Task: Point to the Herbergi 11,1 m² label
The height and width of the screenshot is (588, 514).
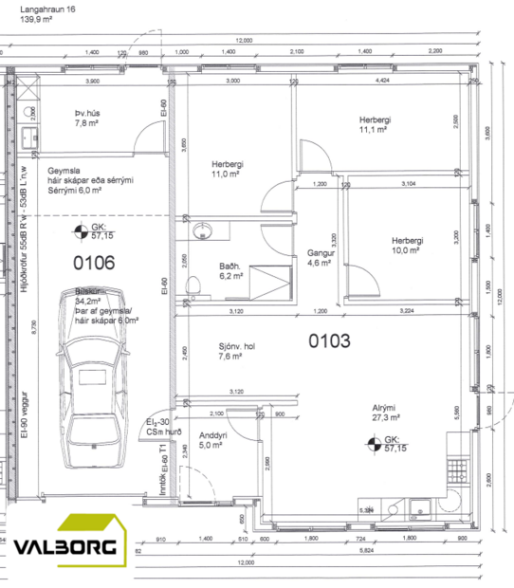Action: coord(375,124)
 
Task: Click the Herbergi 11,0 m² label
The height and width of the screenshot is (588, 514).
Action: coord(229,169)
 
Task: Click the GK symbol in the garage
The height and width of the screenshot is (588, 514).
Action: coord(83,230)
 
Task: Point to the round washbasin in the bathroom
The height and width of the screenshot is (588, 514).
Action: coord(202,231)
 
